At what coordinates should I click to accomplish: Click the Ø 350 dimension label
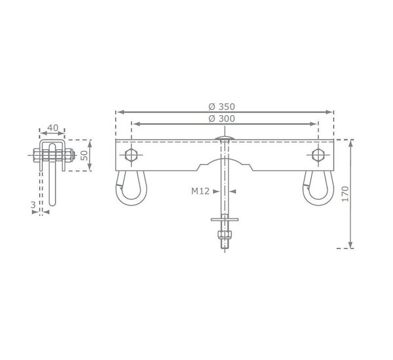pyautogui.click(x=221, y=107)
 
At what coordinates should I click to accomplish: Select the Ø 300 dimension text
pyautogui.click(x=221, y=118)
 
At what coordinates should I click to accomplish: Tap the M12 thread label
pyautogui.click(x=200, y=191)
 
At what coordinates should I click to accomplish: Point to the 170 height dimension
pyautogui.click(x=345, y=194)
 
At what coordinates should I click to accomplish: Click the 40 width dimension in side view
pyautogui.click(x=52, y=128)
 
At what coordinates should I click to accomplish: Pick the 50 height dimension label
pyautogui.click(x=85, y=155)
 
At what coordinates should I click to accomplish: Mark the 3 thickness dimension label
pyautogui.click(x=33, y=205)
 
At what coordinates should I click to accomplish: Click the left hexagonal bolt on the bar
pyautogui.click(x=131, y=155)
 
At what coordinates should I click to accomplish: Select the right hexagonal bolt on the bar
pyautogui.click(x=318, y=155)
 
